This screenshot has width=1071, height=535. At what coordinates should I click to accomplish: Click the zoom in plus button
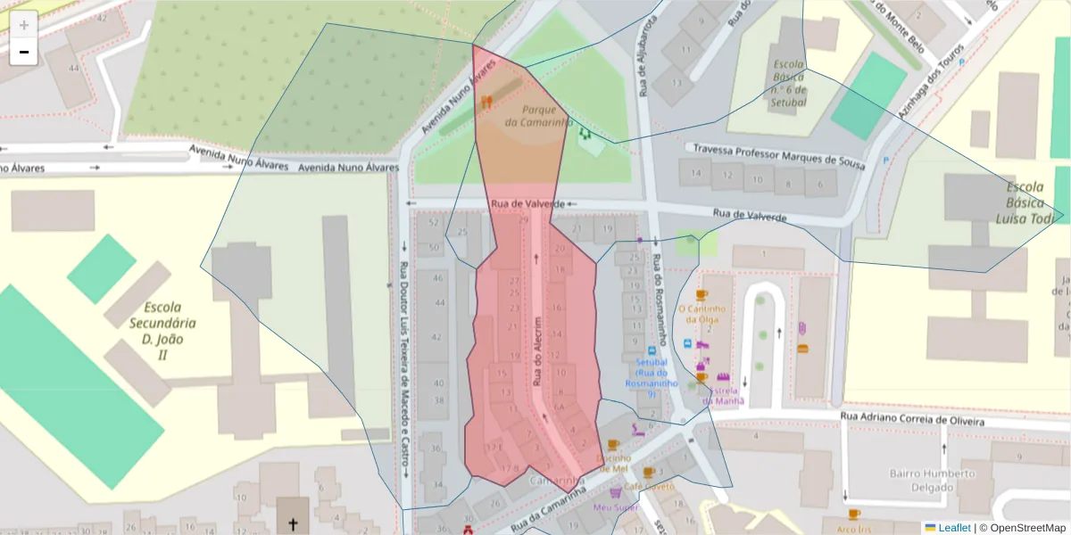[24, 25]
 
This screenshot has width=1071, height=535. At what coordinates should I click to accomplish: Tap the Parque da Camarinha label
[536, 116]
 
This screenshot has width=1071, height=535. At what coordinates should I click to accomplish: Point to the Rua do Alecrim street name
[537, 350]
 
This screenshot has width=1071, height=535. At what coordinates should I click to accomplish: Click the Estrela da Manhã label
[723, 395]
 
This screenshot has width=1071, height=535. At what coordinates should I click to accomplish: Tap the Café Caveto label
[649, 487]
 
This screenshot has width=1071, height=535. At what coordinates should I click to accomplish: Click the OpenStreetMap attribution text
[1027, 528]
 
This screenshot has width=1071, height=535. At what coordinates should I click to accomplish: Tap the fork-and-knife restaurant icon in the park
[486, 102]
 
